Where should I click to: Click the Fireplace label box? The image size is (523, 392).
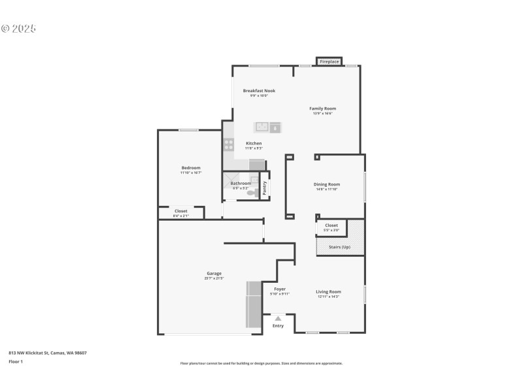(x=329, y=61)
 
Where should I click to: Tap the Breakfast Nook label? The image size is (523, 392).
(x=259, y=91)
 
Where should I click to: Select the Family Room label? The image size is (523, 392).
(x=322, y=108)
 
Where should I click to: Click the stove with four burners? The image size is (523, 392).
(x=229, y=144)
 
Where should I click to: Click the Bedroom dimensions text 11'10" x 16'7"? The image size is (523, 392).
(x=191, y=172)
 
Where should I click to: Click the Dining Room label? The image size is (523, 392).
(x=327, y=184)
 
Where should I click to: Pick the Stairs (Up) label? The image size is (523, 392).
(x=339, y=247)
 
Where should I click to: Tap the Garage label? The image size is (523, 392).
(x=214, y=273)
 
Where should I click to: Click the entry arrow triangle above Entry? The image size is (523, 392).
(x=278, y=318)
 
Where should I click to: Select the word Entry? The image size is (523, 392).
(x=278, y=325)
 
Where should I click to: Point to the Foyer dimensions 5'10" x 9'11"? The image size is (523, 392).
(x=279, y=294)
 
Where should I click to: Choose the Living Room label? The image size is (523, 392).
(x=328, y=291)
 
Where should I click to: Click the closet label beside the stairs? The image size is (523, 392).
(x=331, y=225)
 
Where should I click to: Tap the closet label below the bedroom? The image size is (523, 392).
(x=180, y=211)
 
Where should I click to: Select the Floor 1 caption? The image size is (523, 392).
(x=16, y=361)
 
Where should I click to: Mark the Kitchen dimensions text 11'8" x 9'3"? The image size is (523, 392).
(x=254, y=148)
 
